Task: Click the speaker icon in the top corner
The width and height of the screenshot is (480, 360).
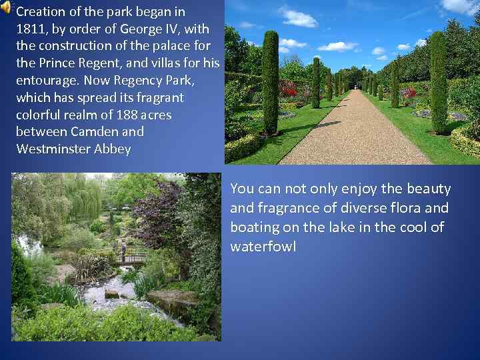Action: click(6, 8)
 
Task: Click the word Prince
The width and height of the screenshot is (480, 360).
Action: click(54, 63)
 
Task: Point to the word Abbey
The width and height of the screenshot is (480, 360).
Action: click(113, 149)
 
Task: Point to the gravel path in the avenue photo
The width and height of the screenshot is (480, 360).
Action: click(353, 133)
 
